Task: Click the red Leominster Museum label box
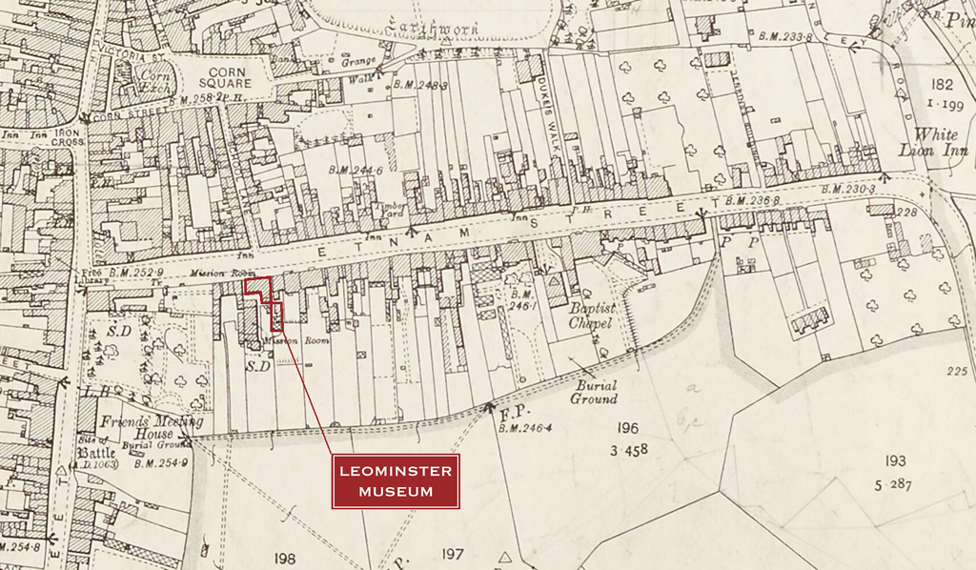(x=396, y=481)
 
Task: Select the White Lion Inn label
(x=935, y=142)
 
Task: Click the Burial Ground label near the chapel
(x=596, y=392)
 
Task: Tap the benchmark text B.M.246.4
(x=524, y=428)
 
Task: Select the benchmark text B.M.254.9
(x=160, y=463)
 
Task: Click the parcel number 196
(x=627, y=428)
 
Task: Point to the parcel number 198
(x=284, y=559)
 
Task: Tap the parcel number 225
(x=958, y=371)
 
